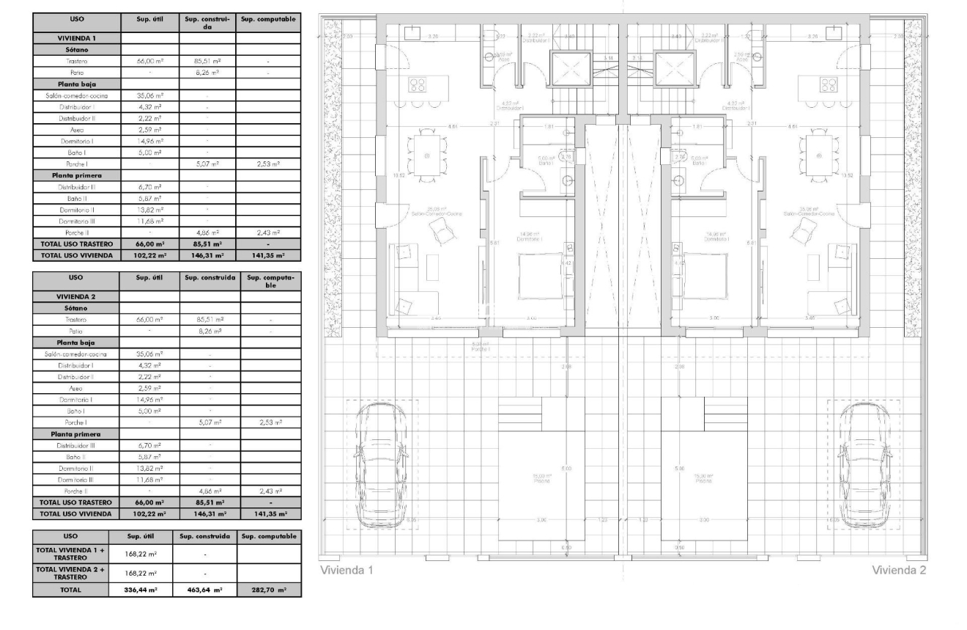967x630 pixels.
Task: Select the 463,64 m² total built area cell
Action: click(204, 589)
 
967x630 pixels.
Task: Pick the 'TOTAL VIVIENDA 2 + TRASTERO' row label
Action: click(70, 574)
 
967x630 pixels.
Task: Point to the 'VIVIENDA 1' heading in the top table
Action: click(76, 37)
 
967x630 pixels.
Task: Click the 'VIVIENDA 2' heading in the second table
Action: click(76, 296)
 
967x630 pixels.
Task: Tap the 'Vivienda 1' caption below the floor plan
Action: click(347, 571)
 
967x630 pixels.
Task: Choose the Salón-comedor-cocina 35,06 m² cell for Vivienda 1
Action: click(149, 95)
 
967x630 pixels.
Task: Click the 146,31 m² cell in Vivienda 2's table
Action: click(210, 514)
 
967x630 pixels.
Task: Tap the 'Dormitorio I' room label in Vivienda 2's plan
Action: click(703, 239)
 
